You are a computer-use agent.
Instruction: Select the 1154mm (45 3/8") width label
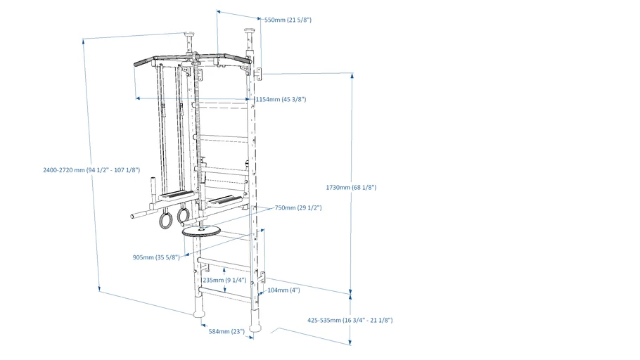click(281, 100)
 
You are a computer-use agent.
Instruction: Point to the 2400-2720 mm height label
click(91, 170)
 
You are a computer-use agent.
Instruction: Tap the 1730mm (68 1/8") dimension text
click(351, 188)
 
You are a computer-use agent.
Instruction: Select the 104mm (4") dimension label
click(283, 290)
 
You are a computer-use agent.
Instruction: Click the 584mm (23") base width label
click(226, 331)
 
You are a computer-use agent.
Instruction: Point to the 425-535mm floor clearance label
click(350, 321)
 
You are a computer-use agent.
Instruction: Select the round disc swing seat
click(201, 231)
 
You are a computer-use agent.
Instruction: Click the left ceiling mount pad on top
click(189, 33)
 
